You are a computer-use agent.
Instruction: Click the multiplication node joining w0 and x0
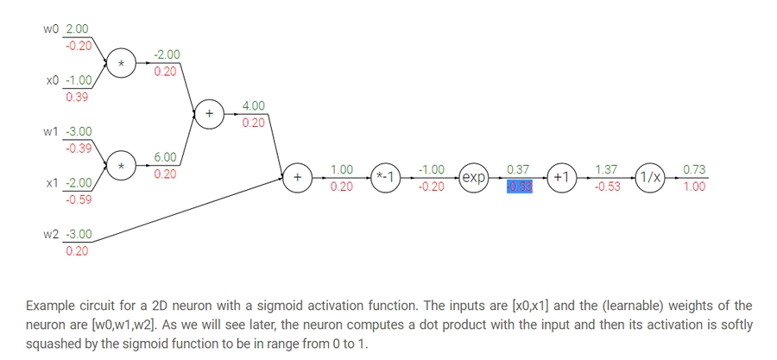pyautogui.click(x=122, y=63)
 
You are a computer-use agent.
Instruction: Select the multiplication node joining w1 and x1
pyautogui.click(x=122, y=166)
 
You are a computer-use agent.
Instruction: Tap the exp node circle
pyautogui.click(x=474, y=177)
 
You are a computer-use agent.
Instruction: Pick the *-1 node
pyautogui.click(x=386, y=177)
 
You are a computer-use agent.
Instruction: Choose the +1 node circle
pyautogui.click(x=562, y=177)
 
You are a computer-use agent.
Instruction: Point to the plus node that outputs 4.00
pyautogui.click(x=208, y=114)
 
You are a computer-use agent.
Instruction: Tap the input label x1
pyautogui.click(x=52, y=183)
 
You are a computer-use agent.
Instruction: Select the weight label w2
pyautogui.click(x=53, y=235)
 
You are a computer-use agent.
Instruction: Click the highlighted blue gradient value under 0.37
pyautogui.click(x=519, y=186)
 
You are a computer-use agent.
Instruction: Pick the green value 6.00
pyautogui.click(x=165, y=158)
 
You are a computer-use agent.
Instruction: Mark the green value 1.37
pyautogui.click(x=606, y=171)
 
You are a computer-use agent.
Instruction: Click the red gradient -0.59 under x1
pyautogui.click(x=79, y=199)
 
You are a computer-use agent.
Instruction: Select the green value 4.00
pyautogui.click(x=253, y=106)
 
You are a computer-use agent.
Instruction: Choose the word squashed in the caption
pyautogui.click(x=54, y=343)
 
